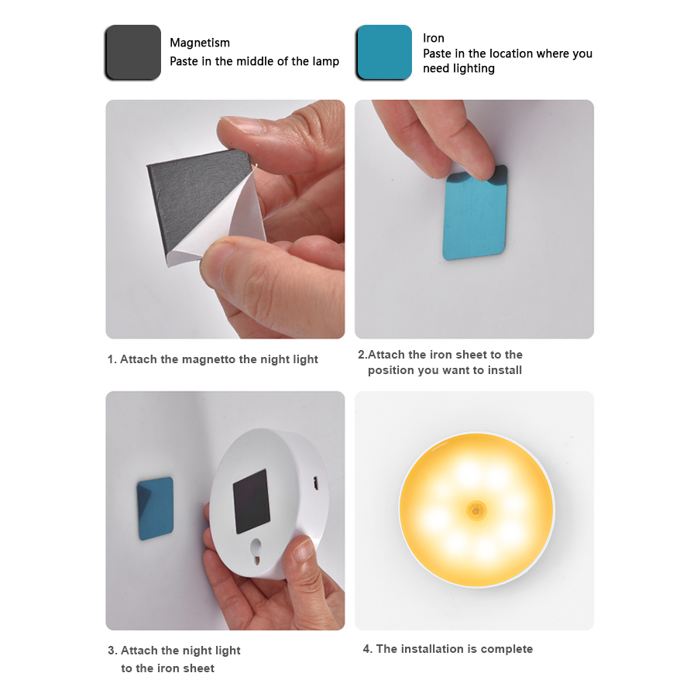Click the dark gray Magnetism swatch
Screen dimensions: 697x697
coord(132,52)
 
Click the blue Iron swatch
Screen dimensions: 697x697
coord(383,52)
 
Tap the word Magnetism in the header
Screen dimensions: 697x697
coord(200,43)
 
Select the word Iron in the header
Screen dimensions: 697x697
coord(434,38)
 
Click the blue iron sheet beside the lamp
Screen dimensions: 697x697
coord(156,508)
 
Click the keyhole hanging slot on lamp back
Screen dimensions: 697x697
coord(252,549)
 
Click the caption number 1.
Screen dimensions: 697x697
coord(111,359)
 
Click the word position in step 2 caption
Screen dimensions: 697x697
coord(392,370)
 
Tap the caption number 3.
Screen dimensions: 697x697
coord(112,651)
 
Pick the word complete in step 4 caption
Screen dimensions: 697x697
coord(506,649)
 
